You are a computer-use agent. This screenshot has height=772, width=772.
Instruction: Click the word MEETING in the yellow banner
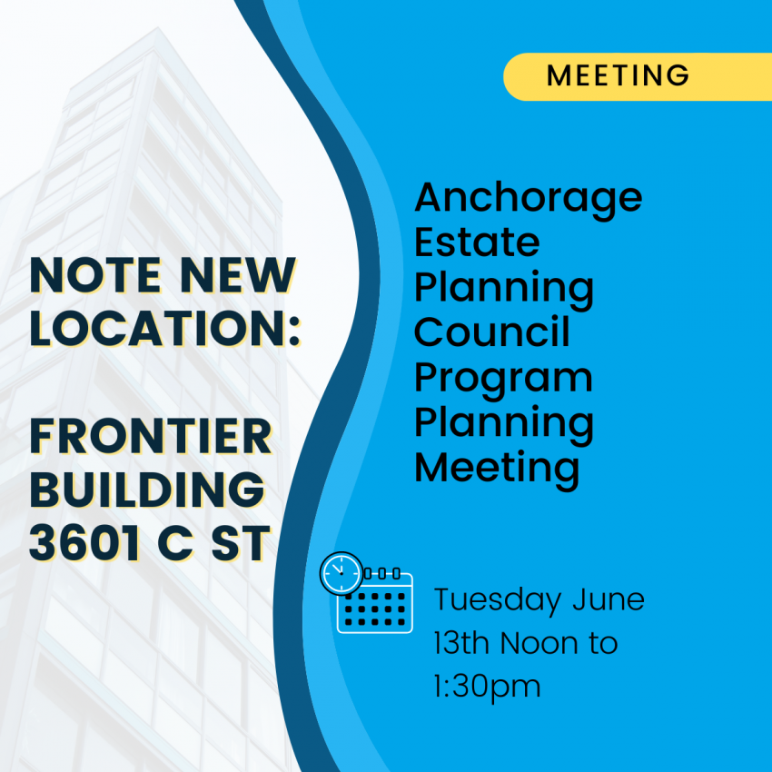pyautogui.click(x=618, y=75)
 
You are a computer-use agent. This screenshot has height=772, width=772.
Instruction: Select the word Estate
pyautogui.click(x=477, y=242)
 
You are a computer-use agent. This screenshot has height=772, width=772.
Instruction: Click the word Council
pyautogui.click(x=492, y=331)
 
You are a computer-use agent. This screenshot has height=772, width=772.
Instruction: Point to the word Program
pyautogui.click(x=503, y=379)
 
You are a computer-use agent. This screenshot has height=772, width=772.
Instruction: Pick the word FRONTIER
pyautogui.click(x=151, y=436)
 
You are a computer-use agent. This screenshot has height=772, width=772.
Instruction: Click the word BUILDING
pyautogui.click(x=148, y=490)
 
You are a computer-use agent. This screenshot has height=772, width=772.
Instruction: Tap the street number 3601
pyautogui.click(x=84, y=542)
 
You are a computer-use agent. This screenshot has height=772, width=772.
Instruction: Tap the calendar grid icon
pyautogui.click(x=376, y=603)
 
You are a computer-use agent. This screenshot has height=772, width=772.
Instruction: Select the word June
pyautogui.click(x=609, y=599)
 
